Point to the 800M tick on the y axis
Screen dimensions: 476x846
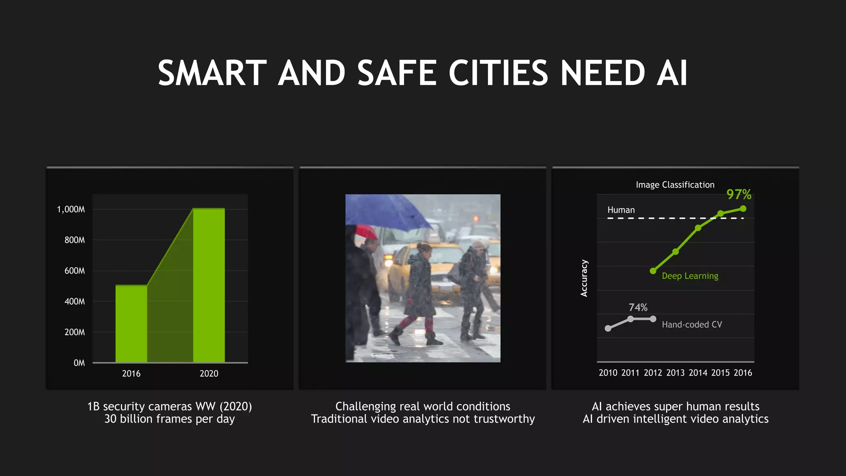point(75,240)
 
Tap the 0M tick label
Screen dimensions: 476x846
point(79,363)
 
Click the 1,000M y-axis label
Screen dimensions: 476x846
point(71,209)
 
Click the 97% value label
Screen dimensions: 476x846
point(739,194)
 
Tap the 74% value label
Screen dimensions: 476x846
point(638,307)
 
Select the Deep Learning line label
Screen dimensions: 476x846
point(690,276)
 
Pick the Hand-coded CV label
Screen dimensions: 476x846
point(692,325)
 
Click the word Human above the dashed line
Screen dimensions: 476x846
point(621,210)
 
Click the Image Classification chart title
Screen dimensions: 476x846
point(675,185)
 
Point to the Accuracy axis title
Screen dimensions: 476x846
point(584,278)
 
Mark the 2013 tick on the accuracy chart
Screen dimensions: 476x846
point(675,373)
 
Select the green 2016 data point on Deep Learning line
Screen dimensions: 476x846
point(743,209)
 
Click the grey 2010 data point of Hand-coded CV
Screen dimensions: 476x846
point(608,328)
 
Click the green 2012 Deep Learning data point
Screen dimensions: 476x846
point(653,271)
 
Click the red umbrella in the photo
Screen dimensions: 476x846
point(366,231)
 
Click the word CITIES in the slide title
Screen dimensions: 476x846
point(498,74)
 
